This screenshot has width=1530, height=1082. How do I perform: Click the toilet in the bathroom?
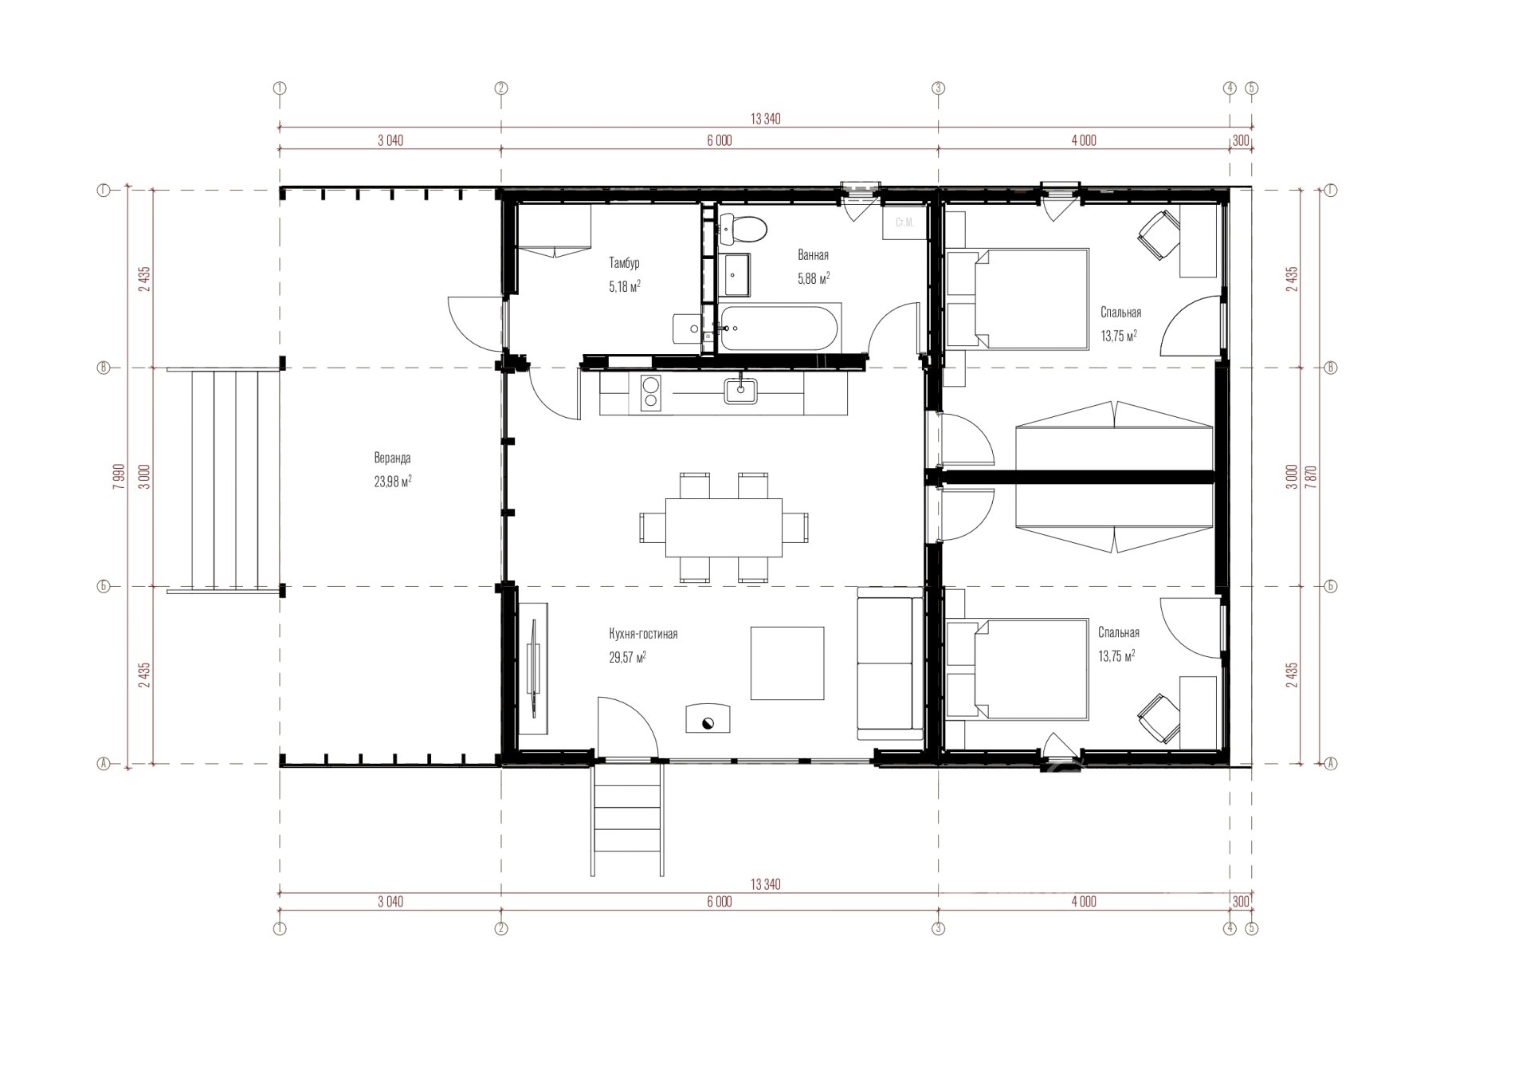(742, 229)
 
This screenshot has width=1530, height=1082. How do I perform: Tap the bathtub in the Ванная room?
(778, 327)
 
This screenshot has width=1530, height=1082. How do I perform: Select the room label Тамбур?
(624, 262)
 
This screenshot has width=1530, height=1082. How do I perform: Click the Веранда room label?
(393, 458)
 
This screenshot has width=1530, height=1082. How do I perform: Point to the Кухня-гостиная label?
(643, 634)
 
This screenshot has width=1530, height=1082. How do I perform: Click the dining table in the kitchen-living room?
(724, 527)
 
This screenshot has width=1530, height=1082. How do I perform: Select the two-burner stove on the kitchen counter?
(650, 393)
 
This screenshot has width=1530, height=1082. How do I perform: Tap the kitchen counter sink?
(741, 391)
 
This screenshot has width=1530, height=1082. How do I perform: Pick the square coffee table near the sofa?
(787, 663)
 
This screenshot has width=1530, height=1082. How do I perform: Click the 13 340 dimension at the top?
(765, 120)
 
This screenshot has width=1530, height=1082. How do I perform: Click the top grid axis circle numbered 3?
(938, 89)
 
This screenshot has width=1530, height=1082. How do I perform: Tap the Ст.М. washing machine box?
(904, 222)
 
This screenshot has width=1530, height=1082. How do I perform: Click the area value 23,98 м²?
(393, 482)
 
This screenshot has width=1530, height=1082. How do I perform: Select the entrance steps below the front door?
(627, 819)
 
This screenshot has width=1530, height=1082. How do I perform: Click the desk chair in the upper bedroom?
(1159, 234)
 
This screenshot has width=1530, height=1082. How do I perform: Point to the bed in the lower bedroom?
(1018, 670)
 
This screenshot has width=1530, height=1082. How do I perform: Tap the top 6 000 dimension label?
(719, 141)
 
